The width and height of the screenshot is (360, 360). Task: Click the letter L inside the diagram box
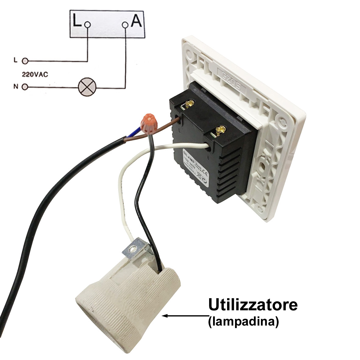77,21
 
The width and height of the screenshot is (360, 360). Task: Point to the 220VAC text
35,74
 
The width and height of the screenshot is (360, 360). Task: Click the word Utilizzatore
253,305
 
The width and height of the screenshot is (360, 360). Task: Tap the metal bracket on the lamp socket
134,248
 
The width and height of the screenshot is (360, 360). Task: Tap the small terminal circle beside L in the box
88,25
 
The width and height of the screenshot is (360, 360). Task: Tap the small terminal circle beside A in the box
125,25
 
